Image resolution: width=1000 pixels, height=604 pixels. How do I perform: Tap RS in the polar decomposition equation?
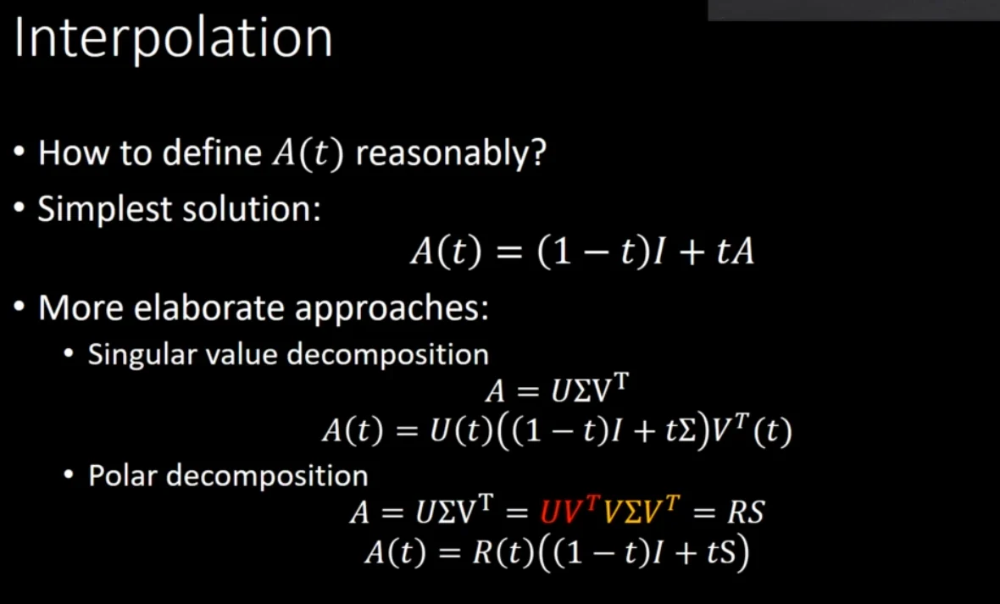(x=745, y=513)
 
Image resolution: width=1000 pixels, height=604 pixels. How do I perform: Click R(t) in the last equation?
(x=503, y=553)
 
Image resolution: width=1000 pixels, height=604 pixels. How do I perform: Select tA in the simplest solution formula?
(x=736, y=252)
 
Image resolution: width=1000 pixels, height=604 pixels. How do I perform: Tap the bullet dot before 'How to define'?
(x=19, y=153)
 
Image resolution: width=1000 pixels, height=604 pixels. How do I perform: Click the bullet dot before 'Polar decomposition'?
(x=69, y=476)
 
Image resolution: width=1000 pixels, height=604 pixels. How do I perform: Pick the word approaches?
(x=391, y=308)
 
